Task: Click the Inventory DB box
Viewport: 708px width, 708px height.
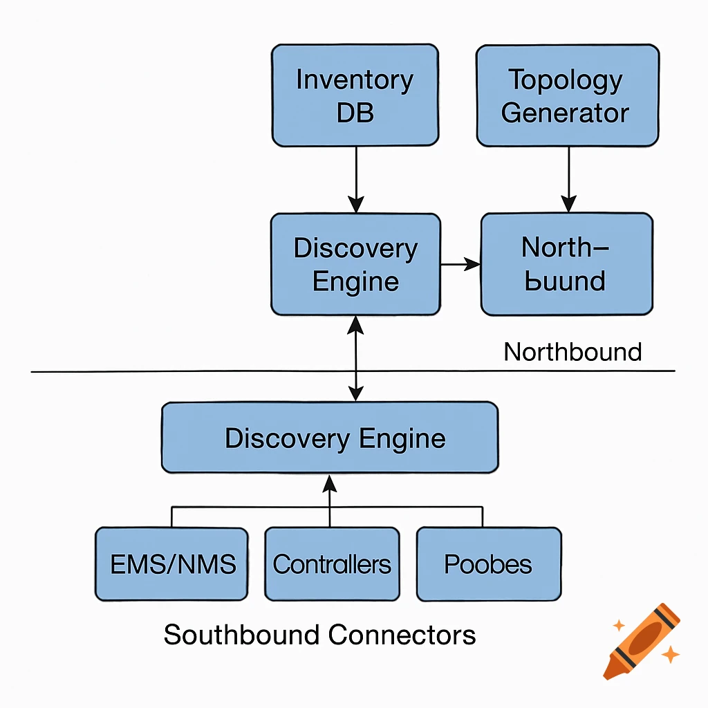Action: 355,95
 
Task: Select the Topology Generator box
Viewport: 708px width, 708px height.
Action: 568,95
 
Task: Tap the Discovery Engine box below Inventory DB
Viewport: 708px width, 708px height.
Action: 355,265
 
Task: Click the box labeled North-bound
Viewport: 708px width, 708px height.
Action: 566,265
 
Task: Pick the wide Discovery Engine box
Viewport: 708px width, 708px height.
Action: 330,438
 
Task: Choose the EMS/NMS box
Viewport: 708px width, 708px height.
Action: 171,563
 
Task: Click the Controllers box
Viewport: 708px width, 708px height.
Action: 332,563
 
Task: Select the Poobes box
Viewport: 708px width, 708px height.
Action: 489,563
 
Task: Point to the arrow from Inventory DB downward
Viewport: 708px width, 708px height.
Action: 355,178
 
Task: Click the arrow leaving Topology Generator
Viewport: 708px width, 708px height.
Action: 568,178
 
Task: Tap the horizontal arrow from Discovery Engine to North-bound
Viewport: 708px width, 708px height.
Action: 460,263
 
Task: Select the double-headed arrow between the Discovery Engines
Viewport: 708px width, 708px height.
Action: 355,358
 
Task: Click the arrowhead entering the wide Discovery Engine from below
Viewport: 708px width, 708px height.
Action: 330,483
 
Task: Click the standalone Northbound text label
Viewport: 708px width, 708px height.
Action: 572,352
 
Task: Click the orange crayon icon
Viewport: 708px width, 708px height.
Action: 642,640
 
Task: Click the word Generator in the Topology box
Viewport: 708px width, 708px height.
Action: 566,113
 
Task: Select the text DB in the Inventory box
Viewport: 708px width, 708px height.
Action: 355,113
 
